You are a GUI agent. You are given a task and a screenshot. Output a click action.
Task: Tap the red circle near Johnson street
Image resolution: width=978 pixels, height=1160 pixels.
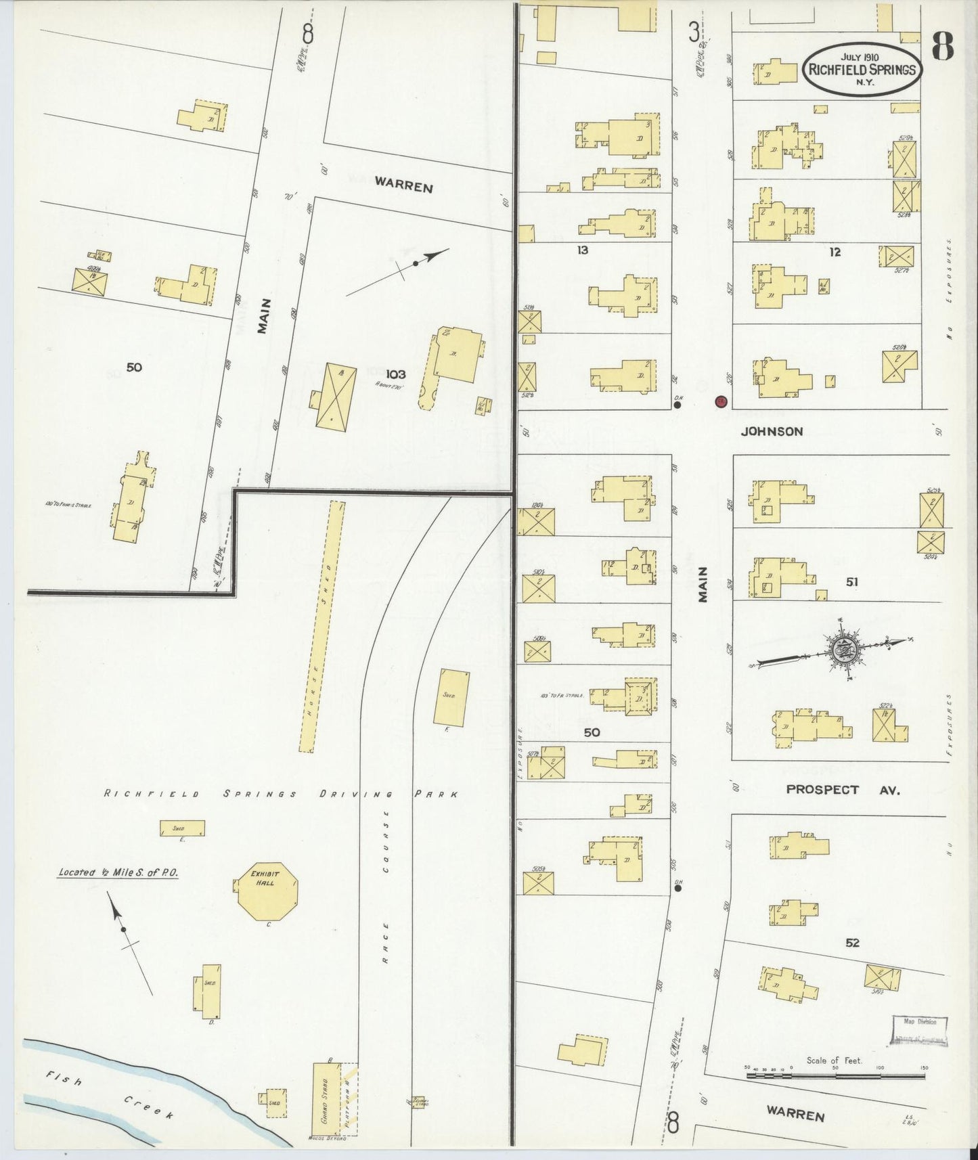click(721, 401)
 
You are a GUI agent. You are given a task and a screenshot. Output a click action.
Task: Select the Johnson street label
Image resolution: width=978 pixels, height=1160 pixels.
click(772, 431)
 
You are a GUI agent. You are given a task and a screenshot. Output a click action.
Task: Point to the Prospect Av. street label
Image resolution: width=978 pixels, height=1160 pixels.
click(843, 789)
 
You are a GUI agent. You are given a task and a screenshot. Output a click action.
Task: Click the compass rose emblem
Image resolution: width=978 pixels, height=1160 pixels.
click(844, 651)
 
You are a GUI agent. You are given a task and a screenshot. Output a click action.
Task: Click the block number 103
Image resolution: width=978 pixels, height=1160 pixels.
click(396, 374)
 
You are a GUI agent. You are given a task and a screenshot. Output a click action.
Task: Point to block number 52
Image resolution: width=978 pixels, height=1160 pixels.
click(852, 942)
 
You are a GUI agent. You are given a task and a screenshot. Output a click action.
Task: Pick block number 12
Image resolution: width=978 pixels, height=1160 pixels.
click(835, 252)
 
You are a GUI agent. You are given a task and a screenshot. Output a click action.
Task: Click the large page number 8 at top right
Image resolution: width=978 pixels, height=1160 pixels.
click(942, 47)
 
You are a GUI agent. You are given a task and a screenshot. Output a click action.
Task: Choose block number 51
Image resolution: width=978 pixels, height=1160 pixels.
click(851, 581)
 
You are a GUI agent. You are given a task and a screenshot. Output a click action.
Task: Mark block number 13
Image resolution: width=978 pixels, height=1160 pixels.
click(582, 250)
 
